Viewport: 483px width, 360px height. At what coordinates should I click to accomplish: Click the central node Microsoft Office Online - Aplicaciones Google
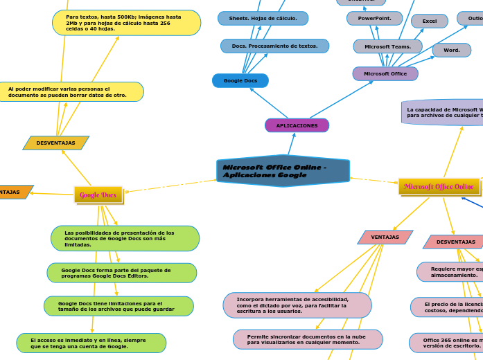point(283,171)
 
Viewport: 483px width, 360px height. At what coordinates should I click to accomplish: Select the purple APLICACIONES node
point(297,125)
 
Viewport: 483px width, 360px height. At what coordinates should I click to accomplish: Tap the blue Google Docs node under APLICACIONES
point(240,81)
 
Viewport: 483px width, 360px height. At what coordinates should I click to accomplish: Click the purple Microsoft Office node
point(385,73)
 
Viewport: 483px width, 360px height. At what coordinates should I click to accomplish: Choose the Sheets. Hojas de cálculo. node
point(263,18)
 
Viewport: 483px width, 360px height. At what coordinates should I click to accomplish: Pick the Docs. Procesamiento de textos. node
point(274,46)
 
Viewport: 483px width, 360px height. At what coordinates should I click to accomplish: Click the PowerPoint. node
point(374,18)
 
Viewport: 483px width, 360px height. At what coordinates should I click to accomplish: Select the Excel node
point(430,21)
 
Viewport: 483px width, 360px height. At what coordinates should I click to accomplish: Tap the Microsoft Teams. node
point(387,46)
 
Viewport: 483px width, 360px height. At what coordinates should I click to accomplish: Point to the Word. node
point(452,50)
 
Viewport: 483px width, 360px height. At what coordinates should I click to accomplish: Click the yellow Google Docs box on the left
point(98,195)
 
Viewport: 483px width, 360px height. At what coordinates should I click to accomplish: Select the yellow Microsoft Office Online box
point(439,186)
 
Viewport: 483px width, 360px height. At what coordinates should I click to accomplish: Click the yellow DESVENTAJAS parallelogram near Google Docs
point(56,143)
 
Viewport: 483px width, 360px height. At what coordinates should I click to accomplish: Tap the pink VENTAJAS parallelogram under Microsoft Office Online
point(385,237)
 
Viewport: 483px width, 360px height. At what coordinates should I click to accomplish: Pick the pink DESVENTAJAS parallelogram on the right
point(455,242)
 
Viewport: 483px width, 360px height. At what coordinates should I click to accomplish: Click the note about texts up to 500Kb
point(126,23)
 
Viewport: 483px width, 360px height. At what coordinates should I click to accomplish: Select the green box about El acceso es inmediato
point(91,343)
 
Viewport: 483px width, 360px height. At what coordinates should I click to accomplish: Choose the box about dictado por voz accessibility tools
point(297,305)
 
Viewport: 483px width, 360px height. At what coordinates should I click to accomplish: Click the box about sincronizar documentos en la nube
point(308,339)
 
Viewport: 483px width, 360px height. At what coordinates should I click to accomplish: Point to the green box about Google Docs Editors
point(122,273)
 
